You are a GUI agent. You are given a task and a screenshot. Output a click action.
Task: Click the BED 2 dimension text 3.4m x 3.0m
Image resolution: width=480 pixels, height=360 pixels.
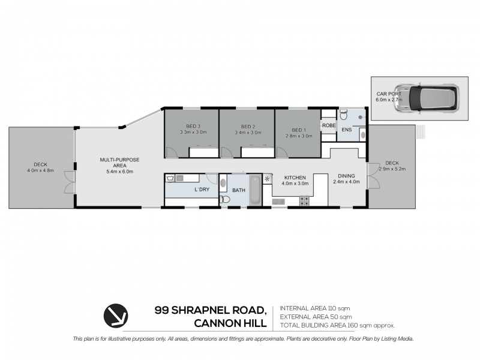(x=248, y=133)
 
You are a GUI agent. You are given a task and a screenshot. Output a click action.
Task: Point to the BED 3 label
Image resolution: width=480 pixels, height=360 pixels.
(x=192, y=127)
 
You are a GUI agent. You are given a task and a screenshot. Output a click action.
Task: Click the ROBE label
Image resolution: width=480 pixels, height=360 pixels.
(x=328, y=126)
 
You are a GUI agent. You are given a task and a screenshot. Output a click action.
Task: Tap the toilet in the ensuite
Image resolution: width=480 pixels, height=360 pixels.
(x=344, y=116)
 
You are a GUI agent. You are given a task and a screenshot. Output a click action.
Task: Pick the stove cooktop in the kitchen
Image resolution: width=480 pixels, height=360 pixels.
(x=304, y=200)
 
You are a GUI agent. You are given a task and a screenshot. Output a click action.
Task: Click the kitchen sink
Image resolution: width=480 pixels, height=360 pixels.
(x=278, y=202)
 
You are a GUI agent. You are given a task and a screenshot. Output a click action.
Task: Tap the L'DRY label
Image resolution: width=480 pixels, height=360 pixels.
(x=202, y=190)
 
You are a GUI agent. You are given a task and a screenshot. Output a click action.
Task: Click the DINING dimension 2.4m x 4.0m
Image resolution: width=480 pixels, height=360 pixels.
(x=347, y=181)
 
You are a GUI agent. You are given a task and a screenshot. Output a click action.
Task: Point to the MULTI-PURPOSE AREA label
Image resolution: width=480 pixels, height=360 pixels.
(x=119, y=163)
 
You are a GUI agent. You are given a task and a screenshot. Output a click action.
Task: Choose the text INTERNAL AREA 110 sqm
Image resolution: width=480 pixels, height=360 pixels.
(x=316, y=308)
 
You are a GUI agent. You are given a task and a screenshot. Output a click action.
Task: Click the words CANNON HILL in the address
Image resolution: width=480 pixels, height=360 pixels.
(x=230, y=324)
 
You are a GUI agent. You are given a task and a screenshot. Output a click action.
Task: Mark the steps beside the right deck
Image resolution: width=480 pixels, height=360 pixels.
(x=421, y=130)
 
